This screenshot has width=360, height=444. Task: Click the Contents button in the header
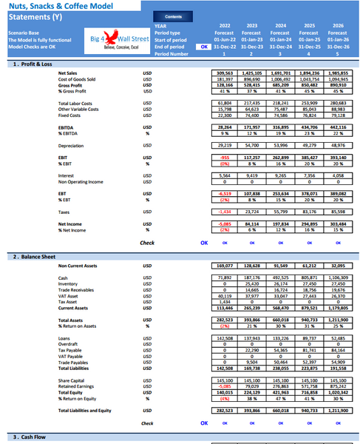[174, 16]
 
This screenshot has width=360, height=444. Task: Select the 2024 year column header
[280, 25]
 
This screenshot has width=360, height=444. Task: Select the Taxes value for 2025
[308, 211]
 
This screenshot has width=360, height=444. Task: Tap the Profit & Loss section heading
[33, 64]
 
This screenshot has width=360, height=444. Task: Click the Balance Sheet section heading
[33, 256]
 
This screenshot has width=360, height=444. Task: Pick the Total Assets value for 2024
[280, 320]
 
